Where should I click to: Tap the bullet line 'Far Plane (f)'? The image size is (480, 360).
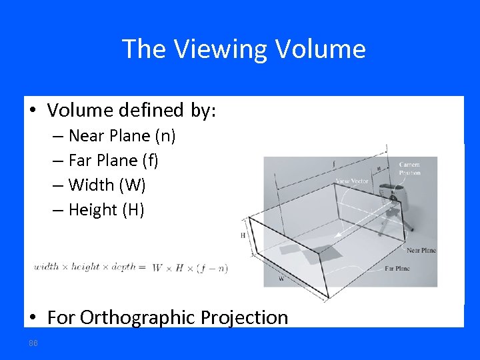coord(113,161)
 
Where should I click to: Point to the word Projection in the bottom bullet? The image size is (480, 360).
coord(243,317)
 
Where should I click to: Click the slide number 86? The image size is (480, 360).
coord(33,343)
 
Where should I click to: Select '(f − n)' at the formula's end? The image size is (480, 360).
coord(213,268)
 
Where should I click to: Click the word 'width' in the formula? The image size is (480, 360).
coord(46,267)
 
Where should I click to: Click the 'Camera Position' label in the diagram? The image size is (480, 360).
coord(409,168)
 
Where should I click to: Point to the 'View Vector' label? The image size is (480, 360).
coord(352,181)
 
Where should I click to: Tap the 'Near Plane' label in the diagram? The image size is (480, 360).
coord(421,250)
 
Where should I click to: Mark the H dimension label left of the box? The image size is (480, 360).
coord(243,235)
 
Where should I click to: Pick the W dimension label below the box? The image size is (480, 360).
coord(281,279)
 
